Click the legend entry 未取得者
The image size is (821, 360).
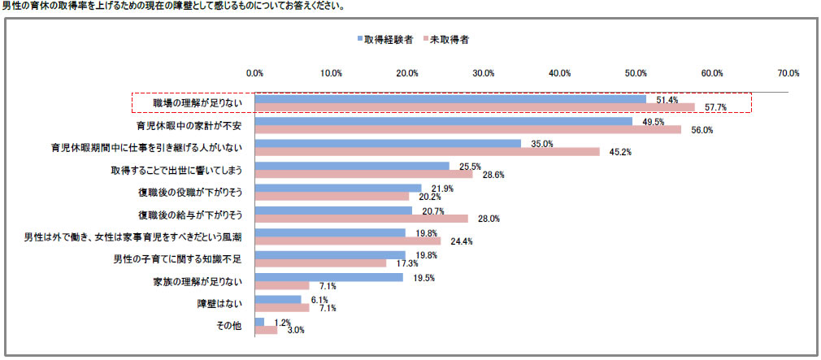(x=446, y=38)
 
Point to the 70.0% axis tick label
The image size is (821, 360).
(x=788, y=73)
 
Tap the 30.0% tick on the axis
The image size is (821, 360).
(x=484, y=73)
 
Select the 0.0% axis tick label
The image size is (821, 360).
(x=254, y=73)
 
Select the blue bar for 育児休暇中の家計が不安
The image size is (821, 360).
(x=443, y=122)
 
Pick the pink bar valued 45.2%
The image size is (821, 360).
(x=427, y=151)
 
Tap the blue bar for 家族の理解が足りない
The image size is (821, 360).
(x=328, y=277)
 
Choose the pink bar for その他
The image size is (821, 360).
(x=266, y=330)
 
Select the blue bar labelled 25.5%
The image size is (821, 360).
(x=351, y=167)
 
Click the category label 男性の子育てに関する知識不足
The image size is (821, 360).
(x=183, y=259)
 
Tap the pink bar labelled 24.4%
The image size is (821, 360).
(x=347, y=241)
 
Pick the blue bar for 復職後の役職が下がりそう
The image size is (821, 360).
(x=337, y=189)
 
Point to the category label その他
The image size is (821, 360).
(x=231, y=326)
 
